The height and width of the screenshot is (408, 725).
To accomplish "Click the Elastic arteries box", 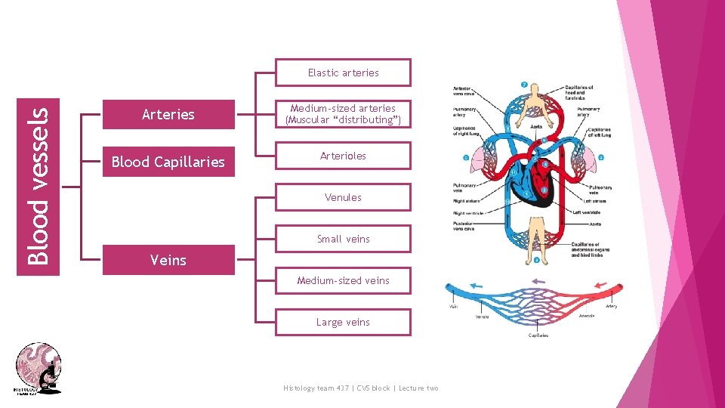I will [x=343, y=73].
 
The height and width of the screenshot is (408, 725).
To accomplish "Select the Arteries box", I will [x=168, y=114].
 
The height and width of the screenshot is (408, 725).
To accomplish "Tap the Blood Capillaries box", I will [x=168, y=162].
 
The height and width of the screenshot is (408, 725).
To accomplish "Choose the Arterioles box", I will [x=343, y=156].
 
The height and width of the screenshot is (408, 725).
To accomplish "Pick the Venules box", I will [x=343, y=197].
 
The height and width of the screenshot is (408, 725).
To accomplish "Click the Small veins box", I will [x=343, y=239].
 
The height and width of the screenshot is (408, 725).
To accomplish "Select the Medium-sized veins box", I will [x=343, y=280].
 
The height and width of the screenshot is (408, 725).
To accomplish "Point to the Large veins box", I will [x=343, y=322].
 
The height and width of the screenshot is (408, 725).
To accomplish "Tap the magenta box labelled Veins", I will [x=168, y=260].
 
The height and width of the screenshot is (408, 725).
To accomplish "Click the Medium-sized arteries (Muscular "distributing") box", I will [x=343, y=114].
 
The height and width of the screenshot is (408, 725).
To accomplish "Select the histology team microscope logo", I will [x=39, y=368].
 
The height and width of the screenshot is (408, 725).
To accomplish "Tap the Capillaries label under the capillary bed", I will [x=537, y=335].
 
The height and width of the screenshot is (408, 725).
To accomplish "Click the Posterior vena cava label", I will [x=465, y=225].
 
